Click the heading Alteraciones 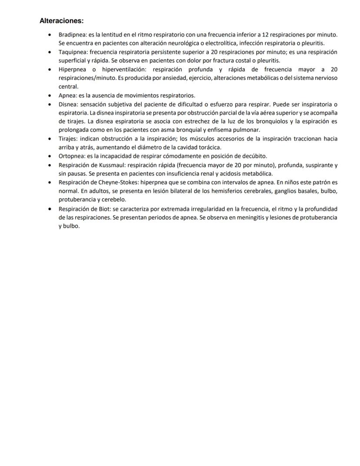point(61,21)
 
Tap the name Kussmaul point(110,165)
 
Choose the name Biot point(104,208)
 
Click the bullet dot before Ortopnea point(51,156)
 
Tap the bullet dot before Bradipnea point(51,34)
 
